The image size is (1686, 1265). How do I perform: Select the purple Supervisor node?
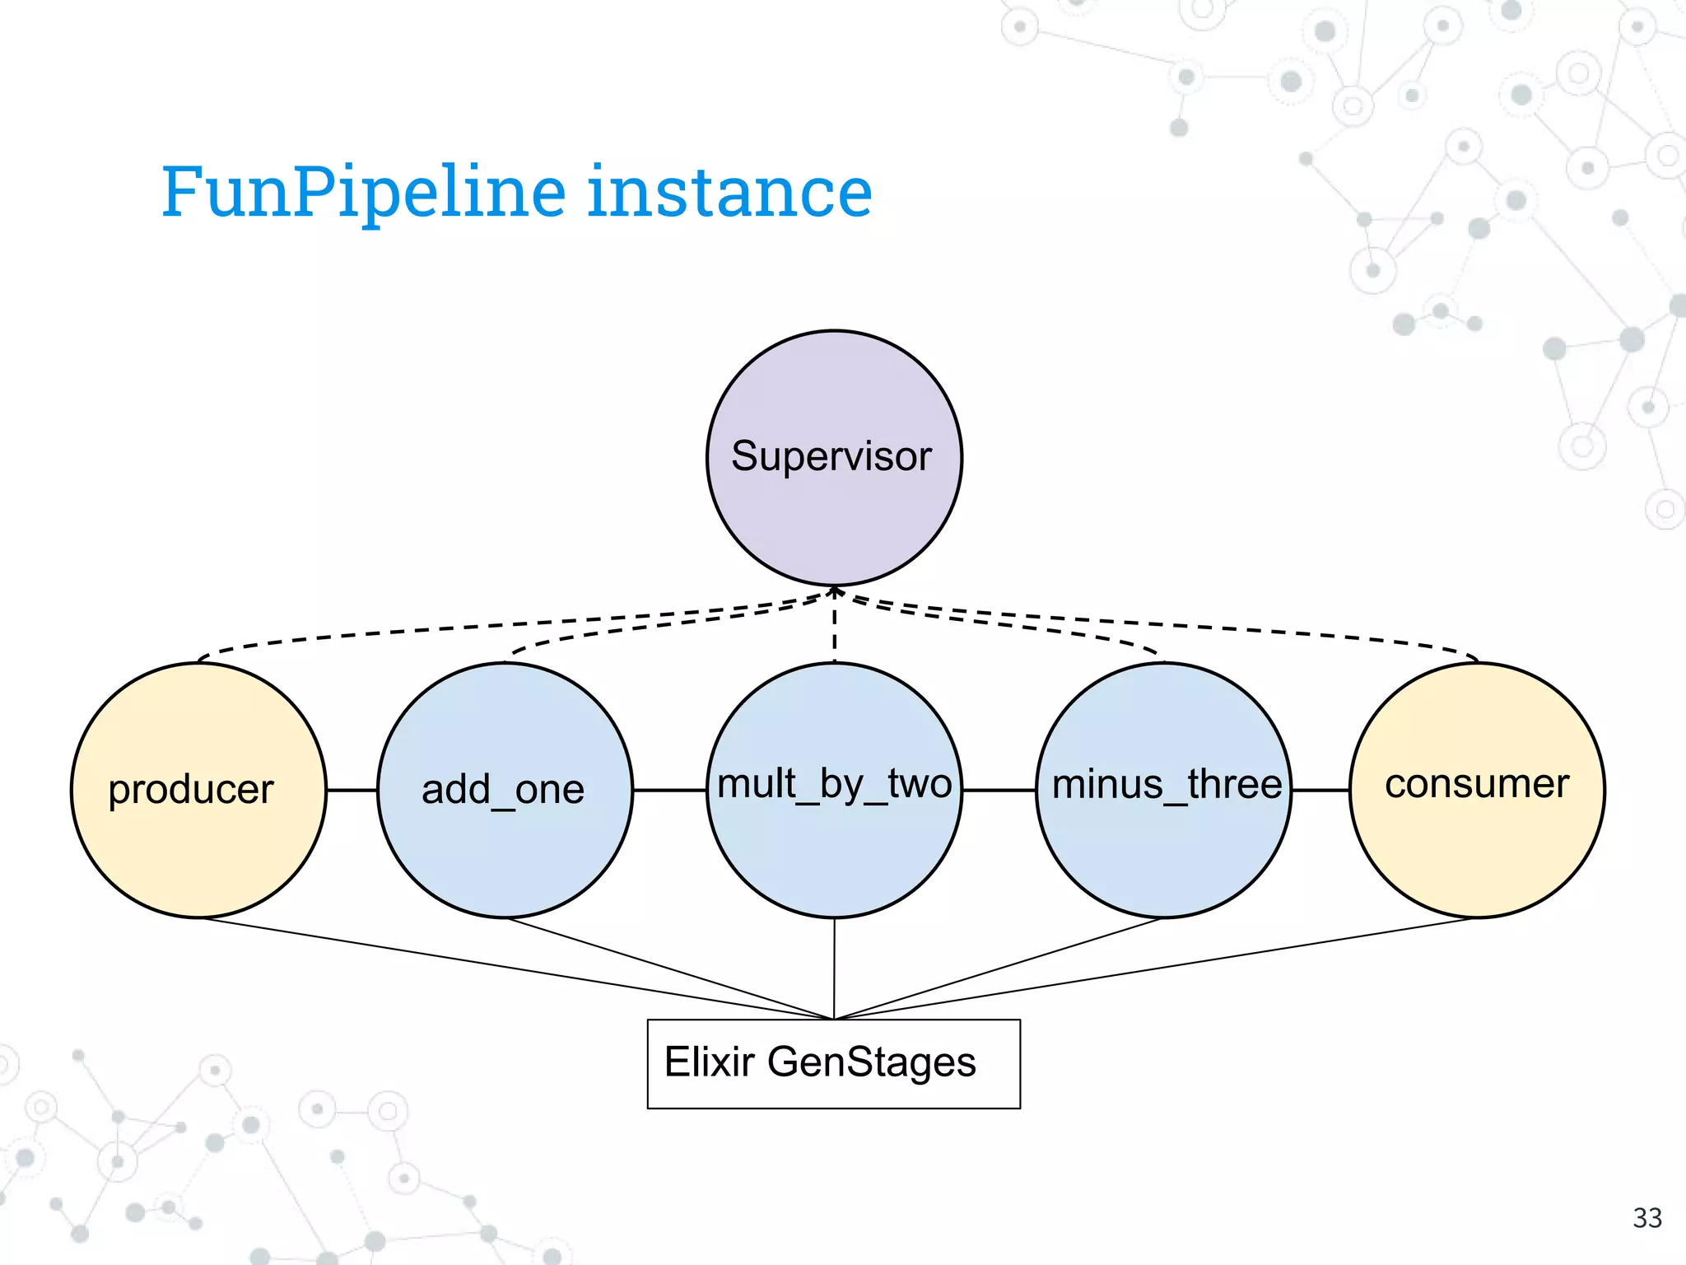(833, 458)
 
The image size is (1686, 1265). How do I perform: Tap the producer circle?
(198, 790)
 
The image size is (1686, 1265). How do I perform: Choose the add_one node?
(505, 790)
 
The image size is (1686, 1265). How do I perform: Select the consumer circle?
(1477, 790)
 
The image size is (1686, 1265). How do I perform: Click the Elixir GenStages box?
(833, 1064)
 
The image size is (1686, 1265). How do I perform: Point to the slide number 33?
(1647, 1217)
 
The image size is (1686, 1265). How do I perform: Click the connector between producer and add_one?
(352, 790)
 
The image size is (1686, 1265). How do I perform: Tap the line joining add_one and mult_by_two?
(669, 790)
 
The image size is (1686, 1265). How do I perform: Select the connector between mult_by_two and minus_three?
(999, 790)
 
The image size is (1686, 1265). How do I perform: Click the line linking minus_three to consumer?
(1320, 790)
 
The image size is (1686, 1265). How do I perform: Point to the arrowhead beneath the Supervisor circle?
(834, 591)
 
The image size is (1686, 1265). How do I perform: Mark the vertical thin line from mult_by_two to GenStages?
(834, 968)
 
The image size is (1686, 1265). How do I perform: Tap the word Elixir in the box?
(709, 1062)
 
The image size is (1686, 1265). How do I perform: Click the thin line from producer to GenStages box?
(519, 969)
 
